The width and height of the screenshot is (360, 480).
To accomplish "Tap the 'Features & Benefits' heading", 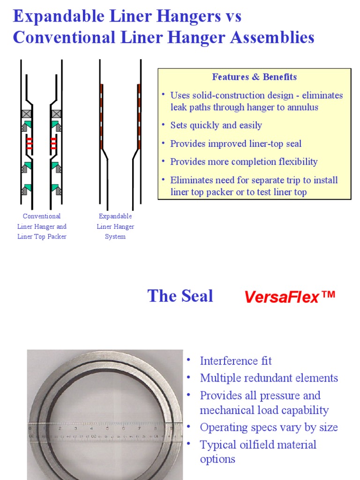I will [254, 77].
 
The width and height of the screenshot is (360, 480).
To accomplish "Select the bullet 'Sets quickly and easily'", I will [216, 125].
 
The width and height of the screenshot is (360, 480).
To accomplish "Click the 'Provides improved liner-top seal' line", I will [236, 143].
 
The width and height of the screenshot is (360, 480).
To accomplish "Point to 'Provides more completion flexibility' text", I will [244, 162].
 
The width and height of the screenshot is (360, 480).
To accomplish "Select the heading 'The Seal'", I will [180, 296].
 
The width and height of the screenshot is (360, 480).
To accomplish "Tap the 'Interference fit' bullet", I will [236, 360].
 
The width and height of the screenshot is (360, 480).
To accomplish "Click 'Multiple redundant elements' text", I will [269, 378].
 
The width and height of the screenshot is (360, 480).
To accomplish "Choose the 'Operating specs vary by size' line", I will [269, 427].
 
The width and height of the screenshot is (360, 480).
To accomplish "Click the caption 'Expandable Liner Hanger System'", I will [115, 226].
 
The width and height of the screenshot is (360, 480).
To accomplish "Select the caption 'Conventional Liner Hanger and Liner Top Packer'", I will [42, 226].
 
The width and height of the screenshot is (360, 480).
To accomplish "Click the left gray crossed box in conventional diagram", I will [26, 114].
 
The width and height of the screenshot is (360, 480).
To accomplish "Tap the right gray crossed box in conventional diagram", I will [56, 114].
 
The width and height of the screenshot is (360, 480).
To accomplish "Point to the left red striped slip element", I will [29, 143].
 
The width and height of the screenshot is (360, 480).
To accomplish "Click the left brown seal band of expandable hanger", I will [101, 116].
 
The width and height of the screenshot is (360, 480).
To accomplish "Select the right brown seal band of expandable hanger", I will [139, 116].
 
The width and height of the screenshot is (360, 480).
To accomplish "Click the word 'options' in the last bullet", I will [217, 459].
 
